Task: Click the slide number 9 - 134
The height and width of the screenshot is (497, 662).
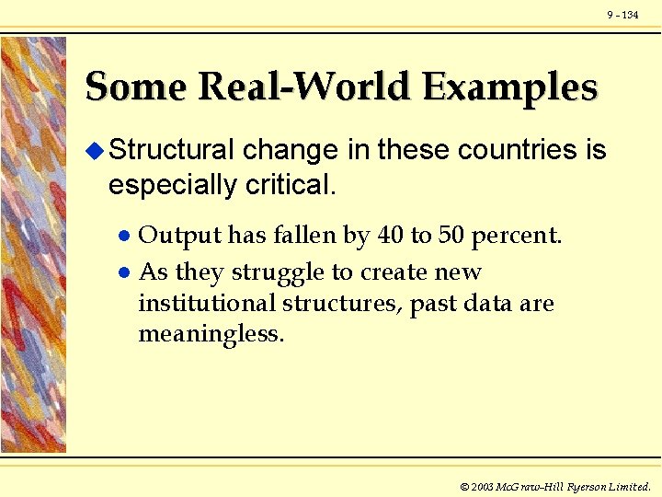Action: click(x=622, y=16)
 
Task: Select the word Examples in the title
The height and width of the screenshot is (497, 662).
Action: click(x=510, y=87)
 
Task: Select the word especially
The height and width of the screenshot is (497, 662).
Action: click(x=172, y=185)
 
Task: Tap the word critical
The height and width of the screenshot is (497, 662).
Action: click(x=291, y=185)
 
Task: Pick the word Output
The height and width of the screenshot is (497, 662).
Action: click(x=179, y=237)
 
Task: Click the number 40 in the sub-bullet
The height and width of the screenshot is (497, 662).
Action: click(x=390, y=237)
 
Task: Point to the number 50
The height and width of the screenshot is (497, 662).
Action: click(x=451, y=237)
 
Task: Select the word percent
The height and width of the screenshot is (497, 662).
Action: click(x=516, y=237)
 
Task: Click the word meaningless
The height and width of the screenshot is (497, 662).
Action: click(x=211, y=333)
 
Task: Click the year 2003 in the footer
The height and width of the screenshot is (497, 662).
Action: click(x=482, y=486)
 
